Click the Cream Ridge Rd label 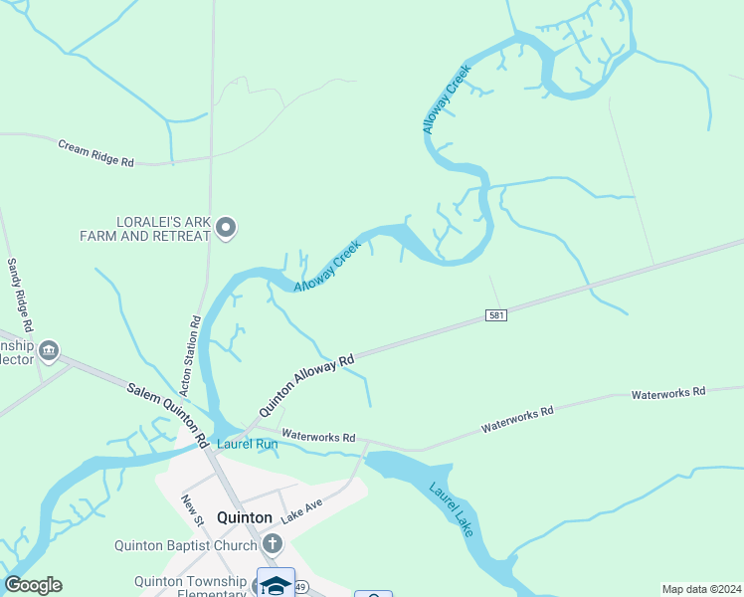[95, 151]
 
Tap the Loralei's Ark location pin [226, 229]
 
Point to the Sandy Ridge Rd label [21, 296]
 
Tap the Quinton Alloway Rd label [306, 386]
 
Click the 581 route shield [498, 315]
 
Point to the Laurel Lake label [452, 509]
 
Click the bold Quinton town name [244, 517]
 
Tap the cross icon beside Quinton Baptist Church [274, 544]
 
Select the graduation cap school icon [276, 584]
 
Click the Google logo [33, 585]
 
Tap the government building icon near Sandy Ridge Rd [49, 351]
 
